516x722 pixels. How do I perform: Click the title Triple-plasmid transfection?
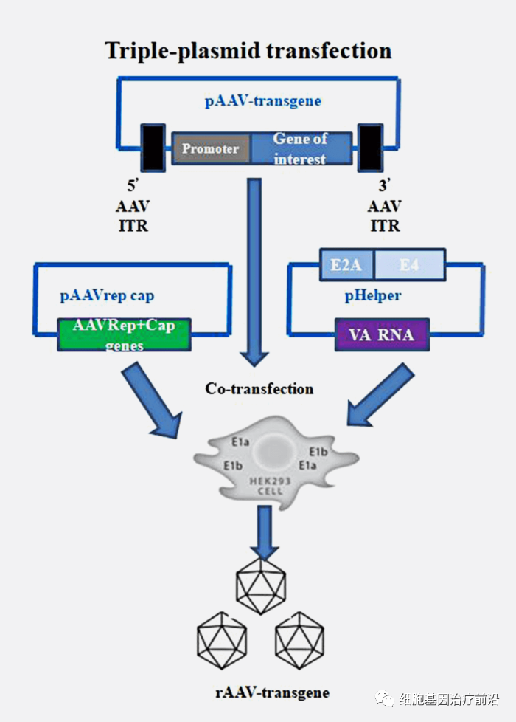click(x=248, y=50)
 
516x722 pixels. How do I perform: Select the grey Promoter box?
click(x=211, y=148)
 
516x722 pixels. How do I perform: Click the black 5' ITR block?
click(x=153, y=148)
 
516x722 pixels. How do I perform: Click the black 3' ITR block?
click(x=369, y=148)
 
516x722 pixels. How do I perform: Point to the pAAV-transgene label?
click(x=262, y=101)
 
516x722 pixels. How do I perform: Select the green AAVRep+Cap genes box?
click(x=123, y=334)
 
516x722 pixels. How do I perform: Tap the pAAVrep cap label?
click(x=107, y=296)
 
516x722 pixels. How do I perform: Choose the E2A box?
click(x=346, y=264)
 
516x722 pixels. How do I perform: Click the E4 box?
click(x=409, y=264)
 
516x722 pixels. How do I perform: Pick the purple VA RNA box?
click(x=382, y=335)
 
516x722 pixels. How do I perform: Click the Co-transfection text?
click(x=259, y=388)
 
